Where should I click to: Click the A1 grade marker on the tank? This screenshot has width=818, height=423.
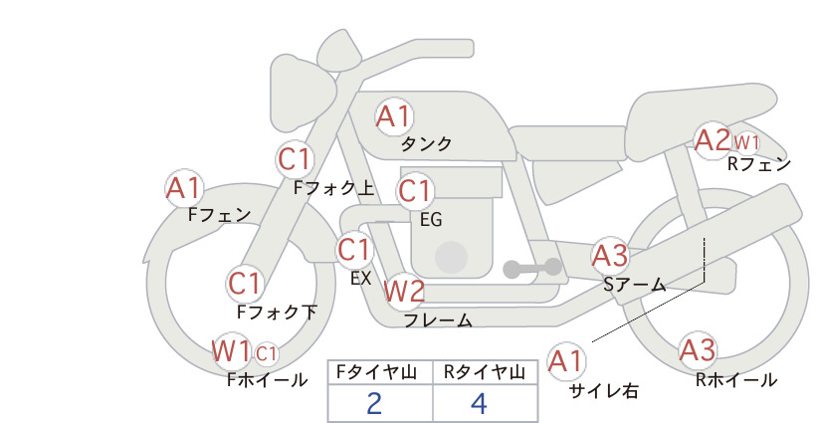(393, 116)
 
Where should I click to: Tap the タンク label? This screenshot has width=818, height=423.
(426, 144)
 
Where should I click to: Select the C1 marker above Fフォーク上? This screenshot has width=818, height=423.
(296, 159)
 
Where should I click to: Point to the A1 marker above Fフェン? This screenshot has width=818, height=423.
(184, 188)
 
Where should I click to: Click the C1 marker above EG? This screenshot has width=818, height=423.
(415, 191)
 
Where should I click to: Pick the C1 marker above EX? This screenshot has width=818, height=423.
(354, 250)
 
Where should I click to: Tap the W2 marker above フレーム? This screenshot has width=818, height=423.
(404, 291)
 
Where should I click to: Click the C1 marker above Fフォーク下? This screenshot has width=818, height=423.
(245, 285)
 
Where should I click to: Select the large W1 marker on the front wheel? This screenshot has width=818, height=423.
(231, 350)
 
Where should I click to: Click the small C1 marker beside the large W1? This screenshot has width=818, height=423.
(266, 354)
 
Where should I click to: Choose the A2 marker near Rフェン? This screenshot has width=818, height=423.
(713, 139)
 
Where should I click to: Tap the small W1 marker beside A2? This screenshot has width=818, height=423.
(746, 142)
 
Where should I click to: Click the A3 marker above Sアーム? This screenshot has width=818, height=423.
(610, 256)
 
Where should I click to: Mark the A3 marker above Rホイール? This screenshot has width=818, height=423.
(698, 350)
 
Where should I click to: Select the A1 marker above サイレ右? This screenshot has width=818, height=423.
(566, 361)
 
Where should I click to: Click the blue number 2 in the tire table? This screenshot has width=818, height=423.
(374, 403)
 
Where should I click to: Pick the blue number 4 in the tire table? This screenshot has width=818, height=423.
(479, 403)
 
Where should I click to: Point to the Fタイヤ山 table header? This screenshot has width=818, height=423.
(376, 372)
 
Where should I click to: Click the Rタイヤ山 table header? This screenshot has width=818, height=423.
(485, 372)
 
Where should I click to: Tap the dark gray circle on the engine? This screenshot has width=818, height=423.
(451, 257)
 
